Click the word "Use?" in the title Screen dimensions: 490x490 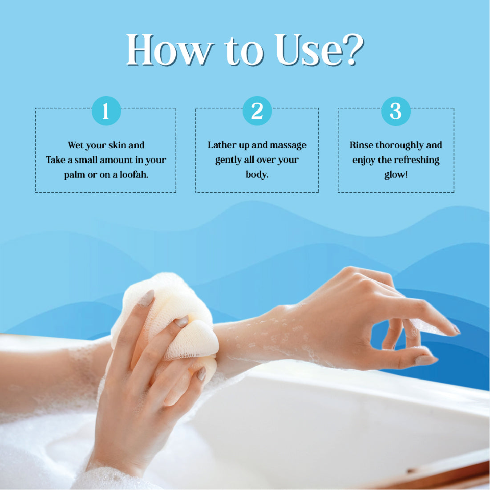pos(320,50)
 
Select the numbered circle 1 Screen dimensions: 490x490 pos(106,111)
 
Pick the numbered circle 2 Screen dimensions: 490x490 pos(257,111)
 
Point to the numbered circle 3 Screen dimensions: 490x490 pos(396,111)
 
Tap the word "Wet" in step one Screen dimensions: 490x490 pos(75,145)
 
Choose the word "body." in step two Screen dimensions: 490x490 pos(257,174)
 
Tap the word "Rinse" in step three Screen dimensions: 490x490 pos(361,145)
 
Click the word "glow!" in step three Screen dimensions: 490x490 pos(396,174)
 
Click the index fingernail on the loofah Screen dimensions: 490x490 pos(146,298)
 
